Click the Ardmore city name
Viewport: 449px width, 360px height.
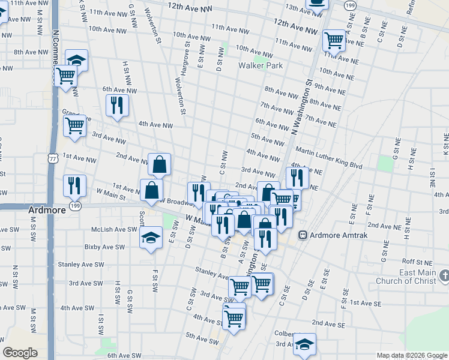pos(47,211)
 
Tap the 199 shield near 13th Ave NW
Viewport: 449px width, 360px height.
pos(350,5)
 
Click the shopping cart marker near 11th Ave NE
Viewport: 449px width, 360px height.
pos(334,40)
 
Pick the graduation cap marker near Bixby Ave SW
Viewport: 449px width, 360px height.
pos(151,238)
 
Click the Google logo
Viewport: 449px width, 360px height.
pos(20,353)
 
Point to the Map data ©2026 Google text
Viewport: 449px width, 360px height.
pos(411,355)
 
